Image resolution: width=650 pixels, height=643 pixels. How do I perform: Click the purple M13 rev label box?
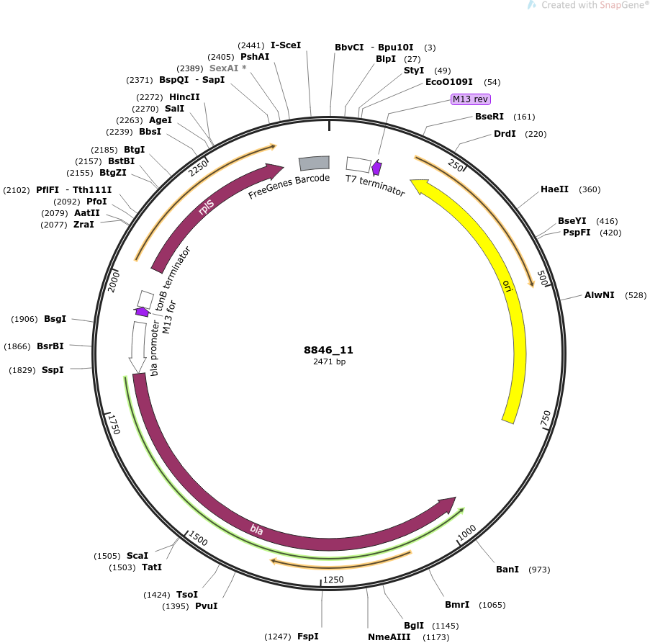tap(471, 99)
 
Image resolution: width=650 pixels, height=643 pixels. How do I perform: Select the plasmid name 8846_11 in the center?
tap(328, 350)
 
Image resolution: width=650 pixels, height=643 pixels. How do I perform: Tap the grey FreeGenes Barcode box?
tap(315, 163)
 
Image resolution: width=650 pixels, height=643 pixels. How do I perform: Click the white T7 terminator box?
tap(358, 164)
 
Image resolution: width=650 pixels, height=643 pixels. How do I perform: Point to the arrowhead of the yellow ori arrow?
tap(417, 186)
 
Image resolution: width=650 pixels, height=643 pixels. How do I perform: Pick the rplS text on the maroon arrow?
tap(206, 207)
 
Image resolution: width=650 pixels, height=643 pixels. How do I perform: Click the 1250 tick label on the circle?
tap(333, 579)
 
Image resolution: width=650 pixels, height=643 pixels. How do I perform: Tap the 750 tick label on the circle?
tap(546, 419)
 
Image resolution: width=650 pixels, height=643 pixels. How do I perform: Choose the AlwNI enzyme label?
tap(599, 295)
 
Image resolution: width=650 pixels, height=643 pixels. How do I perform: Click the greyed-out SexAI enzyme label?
tap(224, 68)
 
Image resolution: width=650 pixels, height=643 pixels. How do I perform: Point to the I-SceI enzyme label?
tap(286, 45)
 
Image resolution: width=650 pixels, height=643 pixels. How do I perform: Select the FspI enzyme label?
tap(307, 636)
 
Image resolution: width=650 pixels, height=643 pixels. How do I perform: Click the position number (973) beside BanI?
tap(539, 570)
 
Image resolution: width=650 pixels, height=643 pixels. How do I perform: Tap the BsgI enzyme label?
tap(55, 319)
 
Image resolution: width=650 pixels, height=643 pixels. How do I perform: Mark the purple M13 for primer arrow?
tap(142, 312)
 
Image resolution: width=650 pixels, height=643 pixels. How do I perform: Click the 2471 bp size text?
tap(329, 361)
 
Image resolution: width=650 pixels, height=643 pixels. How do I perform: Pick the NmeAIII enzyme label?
tap(389, 637)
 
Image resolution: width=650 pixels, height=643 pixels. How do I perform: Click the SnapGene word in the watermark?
tap(622, 5)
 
